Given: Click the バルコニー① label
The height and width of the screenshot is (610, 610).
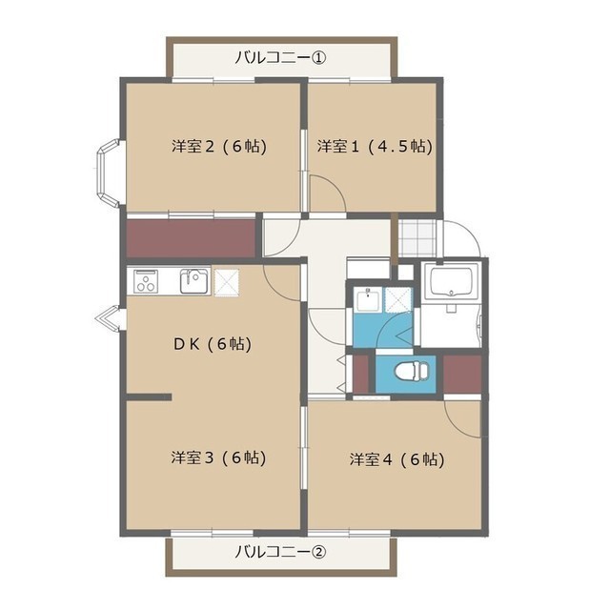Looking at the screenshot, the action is point(280,58).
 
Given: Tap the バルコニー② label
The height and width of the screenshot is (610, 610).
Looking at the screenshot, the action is point(280,552).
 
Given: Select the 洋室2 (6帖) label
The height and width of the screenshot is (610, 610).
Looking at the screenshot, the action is point(219,146).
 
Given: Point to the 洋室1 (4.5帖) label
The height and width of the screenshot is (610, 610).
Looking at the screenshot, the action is point(375,146).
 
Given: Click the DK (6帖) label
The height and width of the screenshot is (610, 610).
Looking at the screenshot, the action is point(213,344).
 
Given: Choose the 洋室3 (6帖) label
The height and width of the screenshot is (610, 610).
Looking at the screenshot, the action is point(218,457).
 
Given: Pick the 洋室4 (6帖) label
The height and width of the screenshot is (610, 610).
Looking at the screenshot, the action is point(397,459).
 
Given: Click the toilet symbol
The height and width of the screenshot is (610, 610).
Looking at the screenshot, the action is point(412,371).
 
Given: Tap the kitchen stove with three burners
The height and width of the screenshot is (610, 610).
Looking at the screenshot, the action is point(146,281).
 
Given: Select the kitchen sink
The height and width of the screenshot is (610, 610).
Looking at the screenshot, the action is point(194,281).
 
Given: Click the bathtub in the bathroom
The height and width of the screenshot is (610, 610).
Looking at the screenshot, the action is point(451,281).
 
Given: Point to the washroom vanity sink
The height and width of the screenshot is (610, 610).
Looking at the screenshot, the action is point(368,299).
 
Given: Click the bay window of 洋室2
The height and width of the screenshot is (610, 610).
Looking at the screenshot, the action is point(108,173).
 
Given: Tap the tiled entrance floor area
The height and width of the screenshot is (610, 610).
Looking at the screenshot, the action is point(417,238).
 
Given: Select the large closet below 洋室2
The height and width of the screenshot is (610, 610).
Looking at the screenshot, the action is point(191,239).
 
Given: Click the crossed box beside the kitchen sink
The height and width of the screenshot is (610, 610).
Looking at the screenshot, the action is point(227,282).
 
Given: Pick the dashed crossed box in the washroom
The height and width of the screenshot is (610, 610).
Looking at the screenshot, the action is point(397,299).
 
